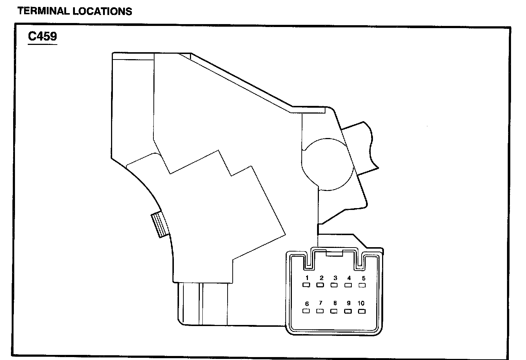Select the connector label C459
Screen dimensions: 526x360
(42, 37)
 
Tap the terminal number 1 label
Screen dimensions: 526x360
(307, 278)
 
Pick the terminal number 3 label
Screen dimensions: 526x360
(335, 278)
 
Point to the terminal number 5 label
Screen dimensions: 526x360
(363, 278)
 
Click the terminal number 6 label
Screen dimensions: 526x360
(307, 304)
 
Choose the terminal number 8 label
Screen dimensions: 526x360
(335, 303)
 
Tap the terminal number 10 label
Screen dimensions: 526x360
(361, 303)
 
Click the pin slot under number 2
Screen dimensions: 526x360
(320, 285)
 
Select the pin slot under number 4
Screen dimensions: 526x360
(348, 285)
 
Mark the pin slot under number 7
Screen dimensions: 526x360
(320, 311)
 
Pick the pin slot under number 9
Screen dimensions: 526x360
(348, 311)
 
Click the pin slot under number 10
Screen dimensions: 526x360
(362, 311)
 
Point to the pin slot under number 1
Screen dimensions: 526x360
(306, 285)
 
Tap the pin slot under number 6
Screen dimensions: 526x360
(306, 311)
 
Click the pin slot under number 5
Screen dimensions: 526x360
(362, 285)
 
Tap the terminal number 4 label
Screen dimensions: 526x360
(349, 278)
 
